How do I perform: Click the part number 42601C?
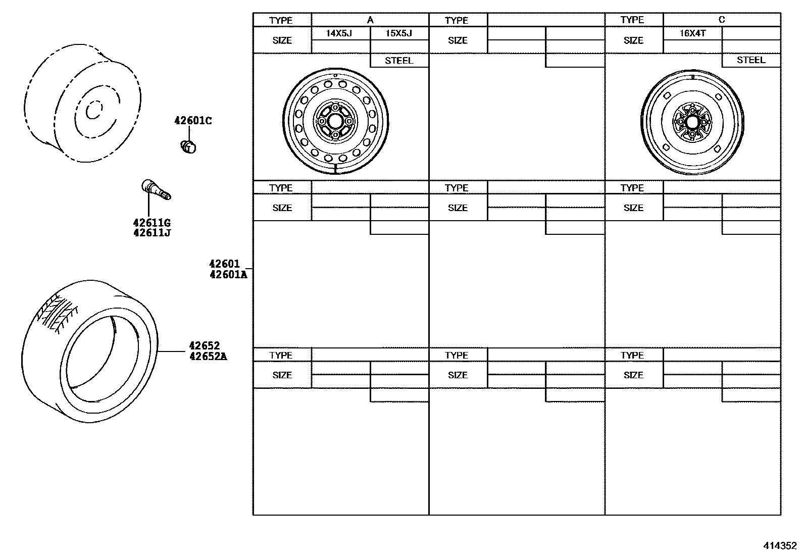(x=193, y=121)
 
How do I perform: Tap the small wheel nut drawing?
(x=188, y=146)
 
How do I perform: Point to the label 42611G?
(x=152, y=223)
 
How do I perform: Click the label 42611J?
(x=152, y=233)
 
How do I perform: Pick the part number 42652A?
(x=208, y=357)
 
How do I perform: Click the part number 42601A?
(x=228, y=275)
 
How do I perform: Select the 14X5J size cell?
(x=340, y=33)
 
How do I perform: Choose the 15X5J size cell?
(x=399, y=33)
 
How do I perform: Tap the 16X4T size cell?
(x=692, y=33)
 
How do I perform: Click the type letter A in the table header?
(x=370, y=20)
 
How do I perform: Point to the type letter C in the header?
(x=722, y=20)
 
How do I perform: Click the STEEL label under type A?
(x=399, y=61)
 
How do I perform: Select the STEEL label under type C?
(x=751, y=60)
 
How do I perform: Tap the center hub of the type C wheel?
(x=693, y=122)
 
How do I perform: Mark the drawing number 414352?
(x=780, y=546)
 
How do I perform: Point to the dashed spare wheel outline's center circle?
(x=93, y=111)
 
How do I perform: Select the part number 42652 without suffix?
(x=204, y=346)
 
